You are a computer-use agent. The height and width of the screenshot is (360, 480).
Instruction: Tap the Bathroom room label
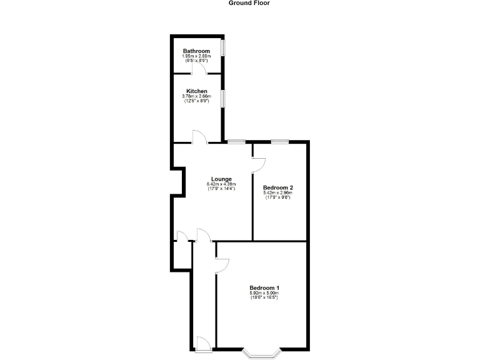pyautogui.click(x=196, y=51)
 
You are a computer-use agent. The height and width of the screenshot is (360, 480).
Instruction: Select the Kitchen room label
pyautogui.click(x=196, y=91)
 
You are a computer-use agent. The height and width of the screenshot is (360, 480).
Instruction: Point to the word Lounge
pyautogui.click(x=221, y=179)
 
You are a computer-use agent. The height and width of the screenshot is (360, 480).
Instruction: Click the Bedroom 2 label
pyautogui.click(x=278, y=187)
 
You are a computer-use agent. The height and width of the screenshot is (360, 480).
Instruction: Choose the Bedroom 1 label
pyautogui.click(x=264, y=287)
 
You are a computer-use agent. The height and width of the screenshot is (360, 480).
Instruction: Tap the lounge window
pyautogui.click(x=236, y=142)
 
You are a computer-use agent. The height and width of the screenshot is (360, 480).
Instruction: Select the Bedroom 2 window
pyautogui.click(x=279, y=142)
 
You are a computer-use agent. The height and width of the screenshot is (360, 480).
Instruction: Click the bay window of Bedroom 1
pyautogui.click(x=261, y=354)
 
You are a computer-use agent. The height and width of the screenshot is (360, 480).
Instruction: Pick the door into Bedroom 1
pyautogui.click(x=222, y=265)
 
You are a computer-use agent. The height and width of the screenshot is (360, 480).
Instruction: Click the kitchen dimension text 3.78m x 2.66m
pyautogui.click(x=196, y=96)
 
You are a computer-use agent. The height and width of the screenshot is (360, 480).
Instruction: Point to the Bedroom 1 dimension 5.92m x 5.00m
pyautogui.click(x=264, y=293)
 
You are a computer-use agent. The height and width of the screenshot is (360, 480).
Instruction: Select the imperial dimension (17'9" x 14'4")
pyautogui.click(x=221, y=189)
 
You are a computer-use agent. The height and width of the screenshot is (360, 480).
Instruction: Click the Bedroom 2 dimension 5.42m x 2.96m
pyautogui.click(x=278, y=193)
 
